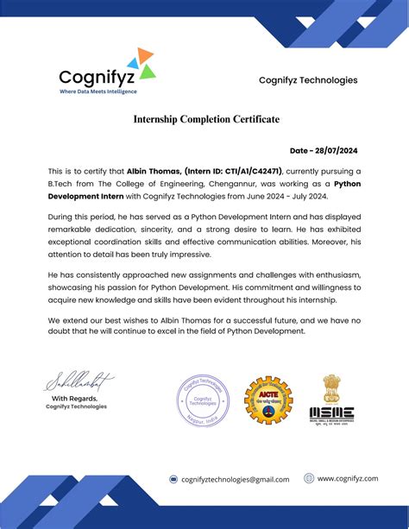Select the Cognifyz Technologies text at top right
click(308, 80)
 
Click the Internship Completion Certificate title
click(205, 119)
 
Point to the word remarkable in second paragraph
click(76, 233)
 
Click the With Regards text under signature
click(77, 398)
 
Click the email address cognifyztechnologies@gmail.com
click(235, 479)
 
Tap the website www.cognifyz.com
click(348, 478)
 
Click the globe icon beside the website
click(309, 478)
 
